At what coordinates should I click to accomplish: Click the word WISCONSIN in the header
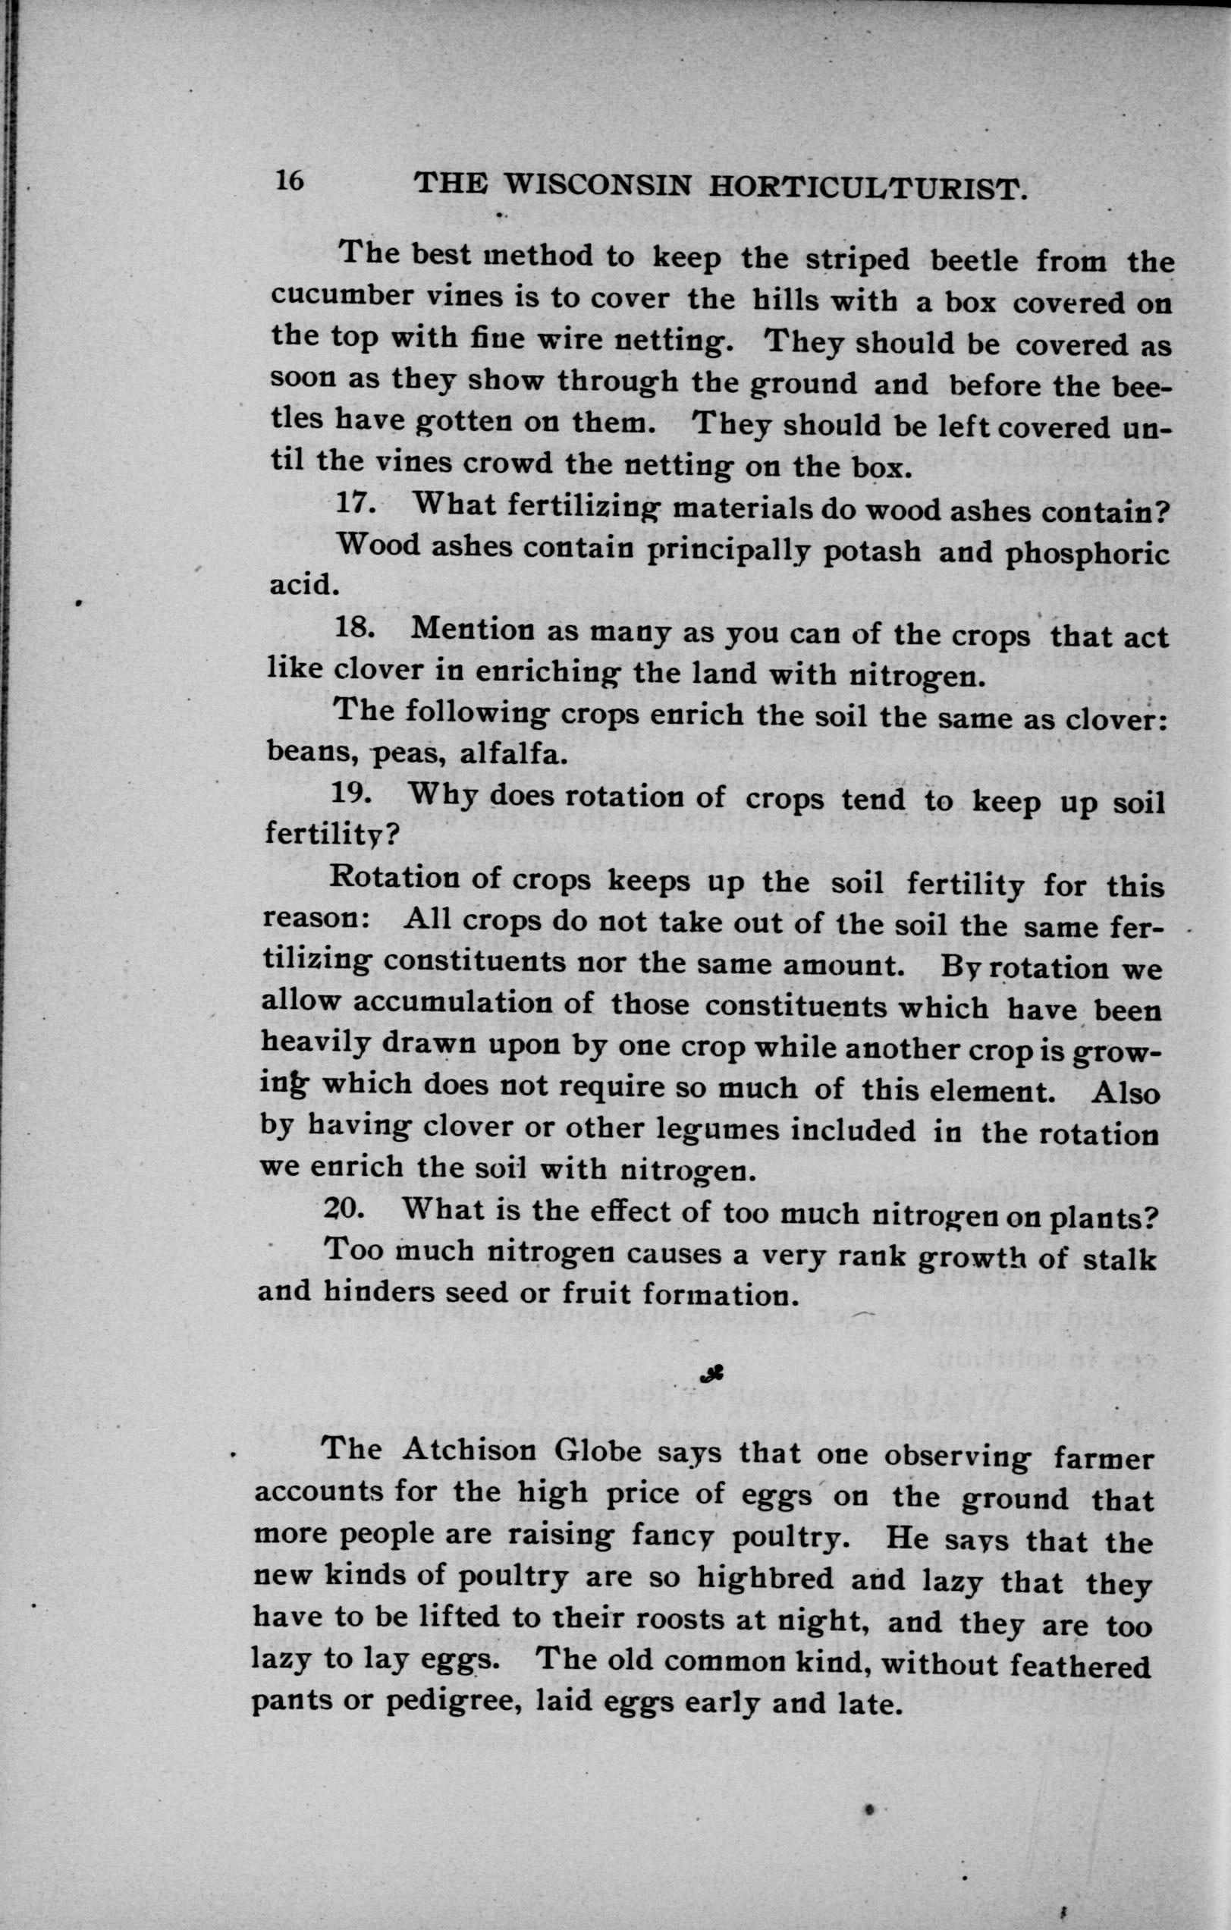click(595, 187)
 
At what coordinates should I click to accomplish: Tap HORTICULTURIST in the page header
click(867, 190)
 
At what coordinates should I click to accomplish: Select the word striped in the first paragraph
click(857, 259)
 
